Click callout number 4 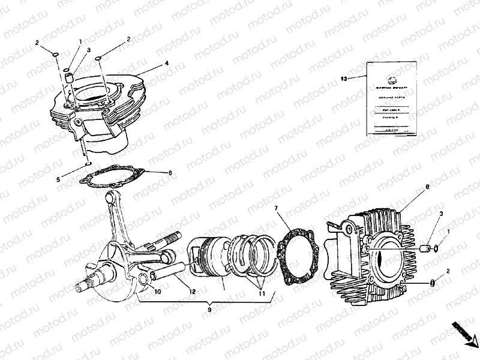click(167, 63)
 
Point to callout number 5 click(58, 179)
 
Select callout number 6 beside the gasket click(170, 173)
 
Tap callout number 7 click(276, 208)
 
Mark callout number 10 click(158, 292)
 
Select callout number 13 click(344, 79)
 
